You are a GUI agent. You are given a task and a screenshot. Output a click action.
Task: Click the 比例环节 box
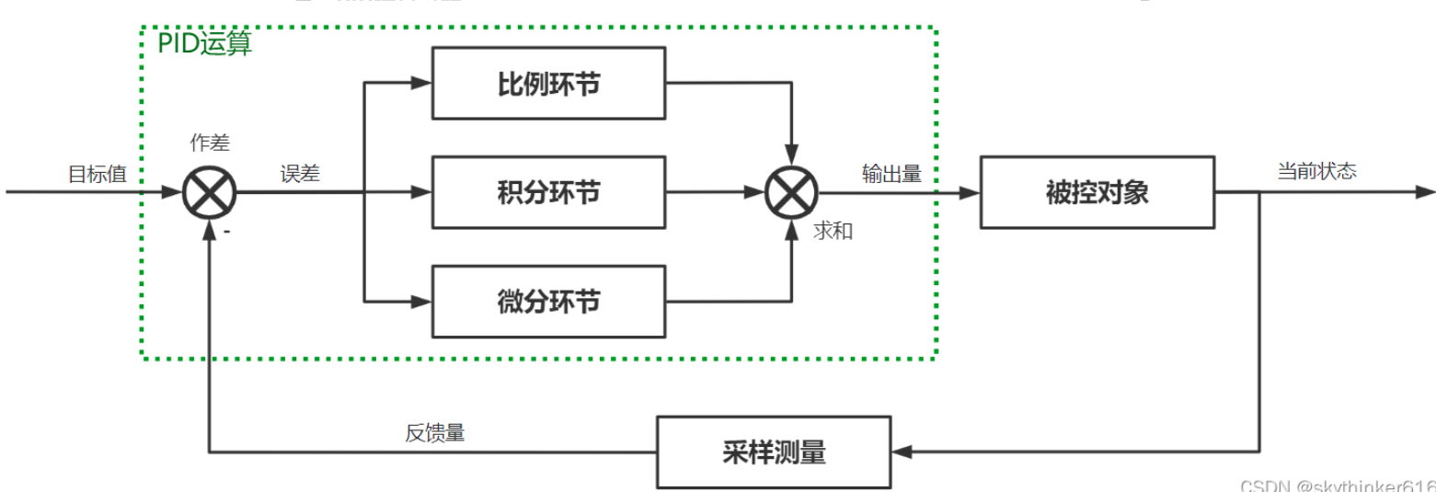pyautogui.click(x=548, y=84)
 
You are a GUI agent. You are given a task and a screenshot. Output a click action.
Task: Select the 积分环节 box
pyautogui.click(x=548, y=193)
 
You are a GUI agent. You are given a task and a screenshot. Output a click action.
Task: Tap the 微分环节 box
pyautogui.click(x=548, y=301)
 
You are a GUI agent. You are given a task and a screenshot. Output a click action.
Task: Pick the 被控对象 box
pyautogui.click(x=1097, y=193)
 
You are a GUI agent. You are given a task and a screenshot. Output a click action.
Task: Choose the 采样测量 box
pyautogui.click(x=773, y=452)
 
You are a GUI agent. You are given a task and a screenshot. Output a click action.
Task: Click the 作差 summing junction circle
pyautogui.click(x=210, y=193)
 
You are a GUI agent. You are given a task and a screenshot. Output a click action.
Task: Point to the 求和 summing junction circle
pyautogui.click(x=791, y=193)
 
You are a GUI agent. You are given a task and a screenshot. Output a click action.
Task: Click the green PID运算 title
pyautogui.click(x=204, y=44)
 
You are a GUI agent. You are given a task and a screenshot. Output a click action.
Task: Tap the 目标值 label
pyautogui.click(x=98, y=174)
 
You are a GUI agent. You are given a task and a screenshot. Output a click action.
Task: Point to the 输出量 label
pyautogui.click(x=891, y=174)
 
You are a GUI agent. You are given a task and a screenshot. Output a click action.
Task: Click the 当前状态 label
pyautogui.click(x=1315, y=171)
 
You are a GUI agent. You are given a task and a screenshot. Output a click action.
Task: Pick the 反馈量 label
pyautogui.click(x=435, y=433)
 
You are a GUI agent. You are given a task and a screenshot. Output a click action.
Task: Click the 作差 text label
pyautogui.click(x=210, y=143)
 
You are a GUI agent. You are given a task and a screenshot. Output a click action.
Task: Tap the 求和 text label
pyautogui.click(x=833, y=231)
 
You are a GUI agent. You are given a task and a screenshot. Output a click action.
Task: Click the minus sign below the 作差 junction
pyautogui.click(x=226, y=233)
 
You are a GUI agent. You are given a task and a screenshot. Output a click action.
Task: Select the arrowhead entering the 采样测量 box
pyautogui.click(x=902, y=452)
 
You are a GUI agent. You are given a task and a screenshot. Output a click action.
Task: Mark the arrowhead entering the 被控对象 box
pyautogui.click(x=971, y=193)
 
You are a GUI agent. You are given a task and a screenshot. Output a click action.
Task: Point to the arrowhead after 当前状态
pyautogui.click(x=1425, y=193)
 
